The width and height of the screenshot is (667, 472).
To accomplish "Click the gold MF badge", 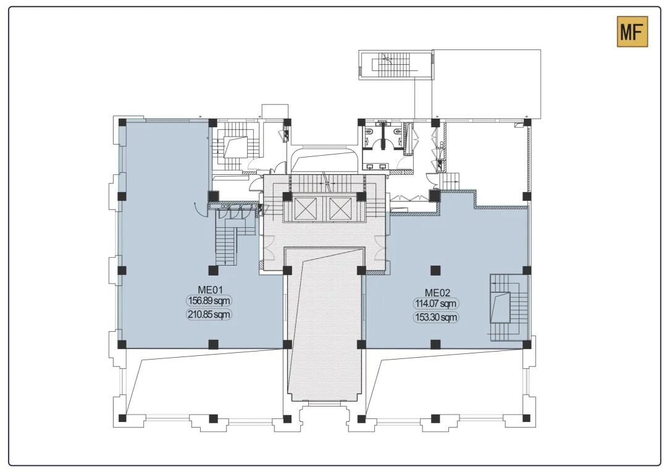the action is pos(632,32).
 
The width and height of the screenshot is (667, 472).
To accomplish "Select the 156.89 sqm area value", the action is pos(209,301).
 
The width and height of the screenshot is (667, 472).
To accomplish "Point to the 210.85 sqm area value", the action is pos(209,315).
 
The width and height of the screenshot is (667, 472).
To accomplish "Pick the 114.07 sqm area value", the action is pos(436,303).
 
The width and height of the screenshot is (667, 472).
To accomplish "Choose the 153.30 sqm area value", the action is pos(436,317).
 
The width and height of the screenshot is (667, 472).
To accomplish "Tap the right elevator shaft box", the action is pos(340,209).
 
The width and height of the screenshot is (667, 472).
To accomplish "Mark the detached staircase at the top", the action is pos(395,65).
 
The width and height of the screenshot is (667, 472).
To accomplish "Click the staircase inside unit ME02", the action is pos(509,307).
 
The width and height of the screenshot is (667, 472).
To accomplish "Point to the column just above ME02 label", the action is pos(435,270).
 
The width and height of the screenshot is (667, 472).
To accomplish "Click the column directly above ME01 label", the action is pos(213,270).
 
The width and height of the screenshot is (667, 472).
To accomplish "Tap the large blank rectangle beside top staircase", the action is pos(487,84).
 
